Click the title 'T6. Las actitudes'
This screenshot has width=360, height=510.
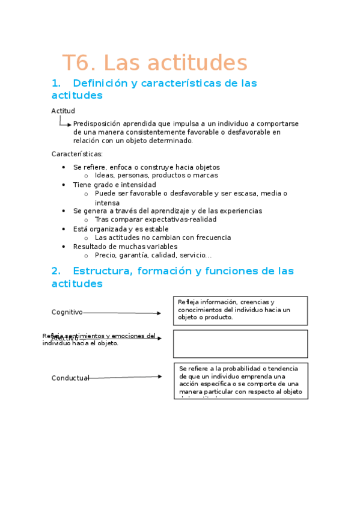coord(154,63)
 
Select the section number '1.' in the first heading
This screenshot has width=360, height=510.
coord(56,84)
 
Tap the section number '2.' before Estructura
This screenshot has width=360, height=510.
coord(56,271)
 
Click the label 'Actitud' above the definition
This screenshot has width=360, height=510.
coord(63,111)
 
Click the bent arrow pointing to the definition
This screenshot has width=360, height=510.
coord(65,122)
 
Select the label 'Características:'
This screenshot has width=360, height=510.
coord(77,154)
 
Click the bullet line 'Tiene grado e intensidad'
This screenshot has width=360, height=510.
coord(114,185)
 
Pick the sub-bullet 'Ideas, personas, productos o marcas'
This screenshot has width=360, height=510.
coord(156,176)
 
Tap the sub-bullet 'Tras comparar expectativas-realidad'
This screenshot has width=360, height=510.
coord(156,220)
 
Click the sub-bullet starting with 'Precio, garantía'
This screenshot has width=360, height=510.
coord(153,255)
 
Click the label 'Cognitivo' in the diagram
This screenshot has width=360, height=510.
coord(67,312)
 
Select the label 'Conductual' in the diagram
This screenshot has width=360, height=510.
coord(70,378)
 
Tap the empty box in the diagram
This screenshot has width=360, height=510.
coord(240,343)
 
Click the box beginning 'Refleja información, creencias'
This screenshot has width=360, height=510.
coord(240,310)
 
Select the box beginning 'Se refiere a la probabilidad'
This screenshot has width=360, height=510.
coord(240,381)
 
